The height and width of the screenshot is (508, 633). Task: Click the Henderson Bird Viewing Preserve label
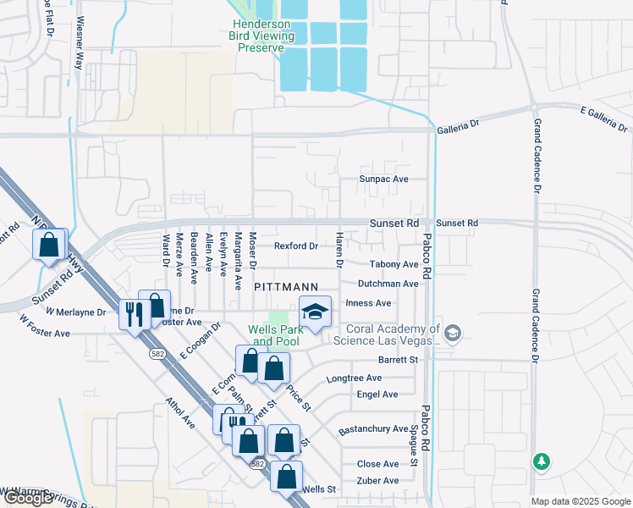pos(261,36)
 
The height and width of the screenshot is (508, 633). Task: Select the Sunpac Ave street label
pos(383,179)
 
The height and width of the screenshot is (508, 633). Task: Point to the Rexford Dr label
pos(295,246)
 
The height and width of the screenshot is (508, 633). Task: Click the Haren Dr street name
pos(339,250)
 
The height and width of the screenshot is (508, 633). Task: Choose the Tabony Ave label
pos(388,265)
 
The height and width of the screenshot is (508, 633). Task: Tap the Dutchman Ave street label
pos(388,284)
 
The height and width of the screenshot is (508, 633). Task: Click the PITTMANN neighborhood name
pos(285,288)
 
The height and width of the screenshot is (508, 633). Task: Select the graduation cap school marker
pos(316,312)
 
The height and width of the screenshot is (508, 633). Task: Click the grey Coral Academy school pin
pos(454,334)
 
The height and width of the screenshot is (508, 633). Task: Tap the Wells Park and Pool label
pos(273,335)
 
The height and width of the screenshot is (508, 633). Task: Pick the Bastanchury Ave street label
pos(373,429)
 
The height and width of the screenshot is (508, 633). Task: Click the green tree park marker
pos(541,461)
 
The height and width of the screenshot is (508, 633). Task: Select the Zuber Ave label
pos(377,480)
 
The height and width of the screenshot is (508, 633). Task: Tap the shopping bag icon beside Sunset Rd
pos(50,246)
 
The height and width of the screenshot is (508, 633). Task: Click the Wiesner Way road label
pos(80,42)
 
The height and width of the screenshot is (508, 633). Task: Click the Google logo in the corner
pos(28,498)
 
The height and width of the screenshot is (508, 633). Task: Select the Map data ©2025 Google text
pos(580,501)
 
